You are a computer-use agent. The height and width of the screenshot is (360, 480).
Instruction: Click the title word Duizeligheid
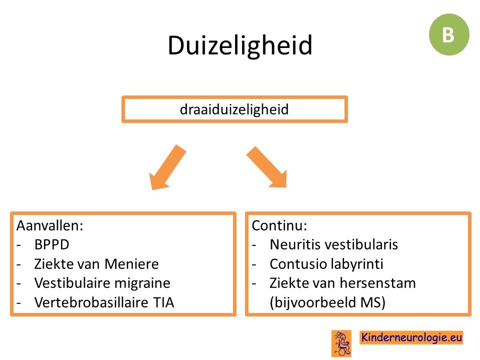(x=240, y=46)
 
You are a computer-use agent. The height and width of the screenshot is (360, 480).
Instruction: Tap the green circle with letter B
(x=449, y=34)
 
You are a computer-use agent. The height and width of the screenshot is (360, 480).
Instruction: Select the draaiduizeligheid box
(x=234, y=109)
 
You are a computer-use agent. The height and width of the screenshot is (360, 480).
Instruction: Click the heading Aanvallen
(x=50, y=225)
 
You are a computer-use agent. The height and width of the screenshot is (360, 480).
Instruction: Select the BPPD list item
(x=51, y=244)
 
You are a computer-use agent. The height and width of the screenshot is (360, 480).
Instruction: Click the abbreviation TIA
(x=163, y=302)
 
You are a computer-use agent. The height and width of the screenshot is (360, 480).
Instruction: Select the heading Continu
(x=279, y=225)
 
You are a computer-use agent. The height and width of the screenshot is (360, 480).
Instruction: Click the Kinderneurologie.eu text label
(x=411, y=337)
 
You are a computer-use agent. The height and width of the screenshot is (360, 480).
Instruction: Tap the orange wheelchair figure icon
(x=341, y=343)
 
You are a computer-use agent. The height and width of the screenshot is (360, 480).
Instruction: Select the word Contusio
(x=292, y=264)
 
